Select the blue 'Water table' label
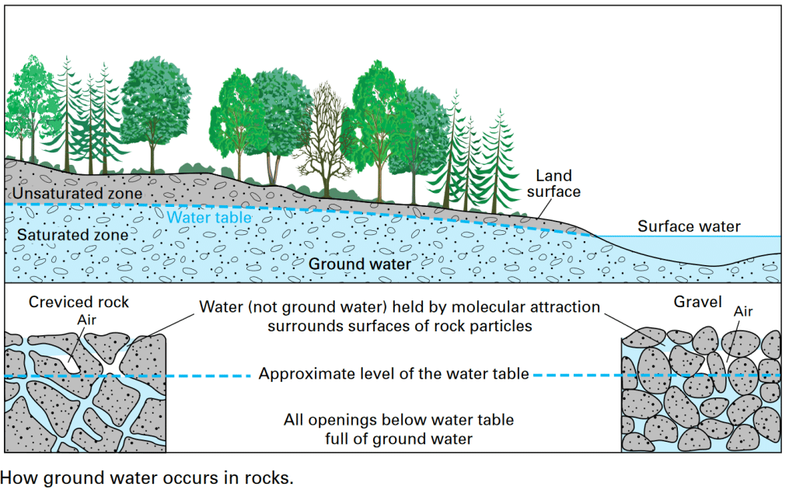pyautogui.click(x=210, y=218)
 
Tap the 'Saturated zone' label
pyautogui.click(x=73, y=234)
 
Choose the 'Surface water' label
pyautogui.click(x=689, y=227)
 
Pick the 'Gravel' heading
pyautogui.click(x=697, y=302)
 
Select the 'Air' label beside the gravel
pyautogui.click(x=743, y=313)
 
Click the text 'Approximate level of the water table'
pyautogui.click(x=394, y=374)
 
